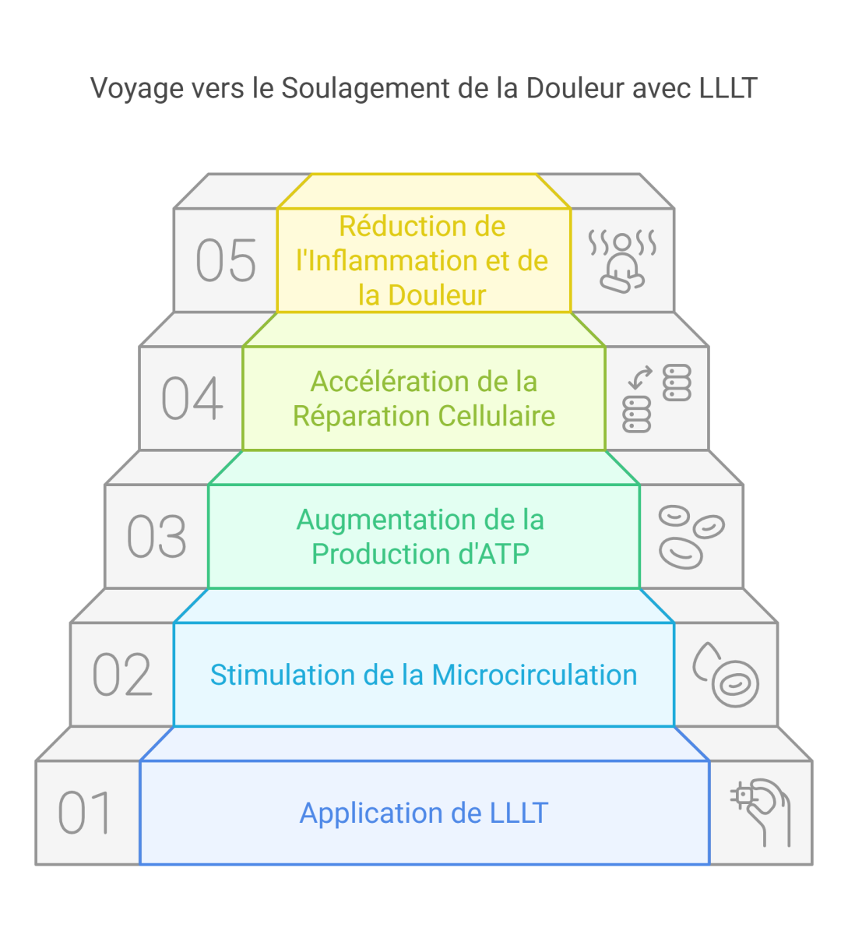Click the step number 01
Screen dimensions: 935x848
pos(85,812)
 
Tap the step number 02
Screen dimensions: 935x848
pos(121,675)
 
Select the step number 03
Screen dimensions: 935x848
pos(157,536)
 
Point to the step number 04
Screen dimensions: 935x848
pos(192,398)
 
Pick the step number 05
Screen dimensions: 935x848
pos(226,260)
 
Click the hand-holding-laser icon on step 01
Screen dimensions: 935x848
pos(760,812)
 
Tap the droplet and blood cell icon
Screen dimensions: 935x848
pos(726,675)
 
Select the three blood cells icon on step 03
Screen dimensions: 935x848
pos(691,536)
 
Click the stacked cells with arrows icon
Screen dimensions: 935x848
pos(656,398)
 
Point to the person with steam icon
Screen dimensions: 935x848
pos(622,260)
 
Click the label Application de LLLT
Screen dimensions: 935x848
pos(424,813)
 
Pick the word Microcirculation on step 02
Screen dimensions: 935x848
pos(534,674)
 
